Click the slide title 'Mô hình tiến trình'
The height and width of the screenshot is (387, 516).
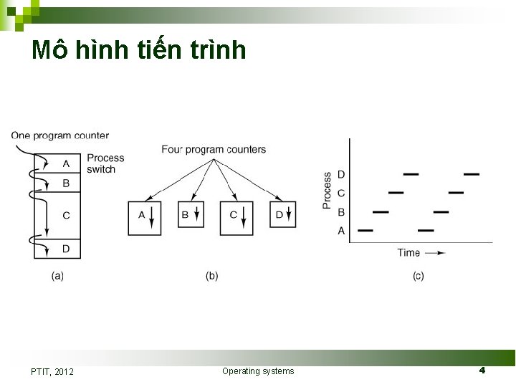[139, 49]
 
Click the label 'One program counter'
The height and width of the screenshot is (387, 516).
[60, 135]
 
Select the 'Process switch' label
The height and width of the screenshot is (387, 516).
[105, 163]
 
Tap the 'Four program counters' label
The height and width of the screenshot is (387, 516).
[214, 150]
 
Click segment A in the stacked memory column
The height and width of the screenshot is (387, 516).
[66, 163]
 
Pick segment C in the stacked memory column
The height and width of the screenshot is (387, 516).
[66, 215]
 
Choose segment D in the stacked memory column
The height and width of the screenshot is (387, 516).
[66, 249]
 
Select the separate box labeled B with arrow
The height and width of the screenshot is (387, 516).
[191, 215]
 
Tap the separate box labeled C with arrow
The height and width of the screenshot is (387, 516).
[236, 217]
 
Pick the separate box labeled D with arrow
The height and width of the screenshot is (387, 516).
[282, 215]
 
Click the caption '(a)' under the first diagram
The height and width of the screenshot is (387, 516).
[57, 276]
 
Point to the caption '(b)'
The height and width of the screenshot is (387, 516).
[211, 276]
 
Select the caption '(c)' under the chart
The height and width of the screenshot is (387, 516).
[418, 276]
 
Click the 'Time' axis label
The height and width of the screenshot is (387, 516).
[409, 252]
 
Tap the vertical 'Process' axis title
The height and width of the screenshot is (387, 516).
[328, 191]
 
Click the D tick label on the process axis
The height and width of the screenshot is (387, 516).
[341, 174]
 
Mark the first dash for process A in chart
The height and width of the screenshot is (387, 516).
[365, 231]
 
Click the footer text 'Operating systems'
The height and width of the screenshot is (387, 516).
[258, 371]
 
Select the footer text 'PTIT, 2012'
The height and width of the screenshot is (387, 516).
[52, 371]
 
